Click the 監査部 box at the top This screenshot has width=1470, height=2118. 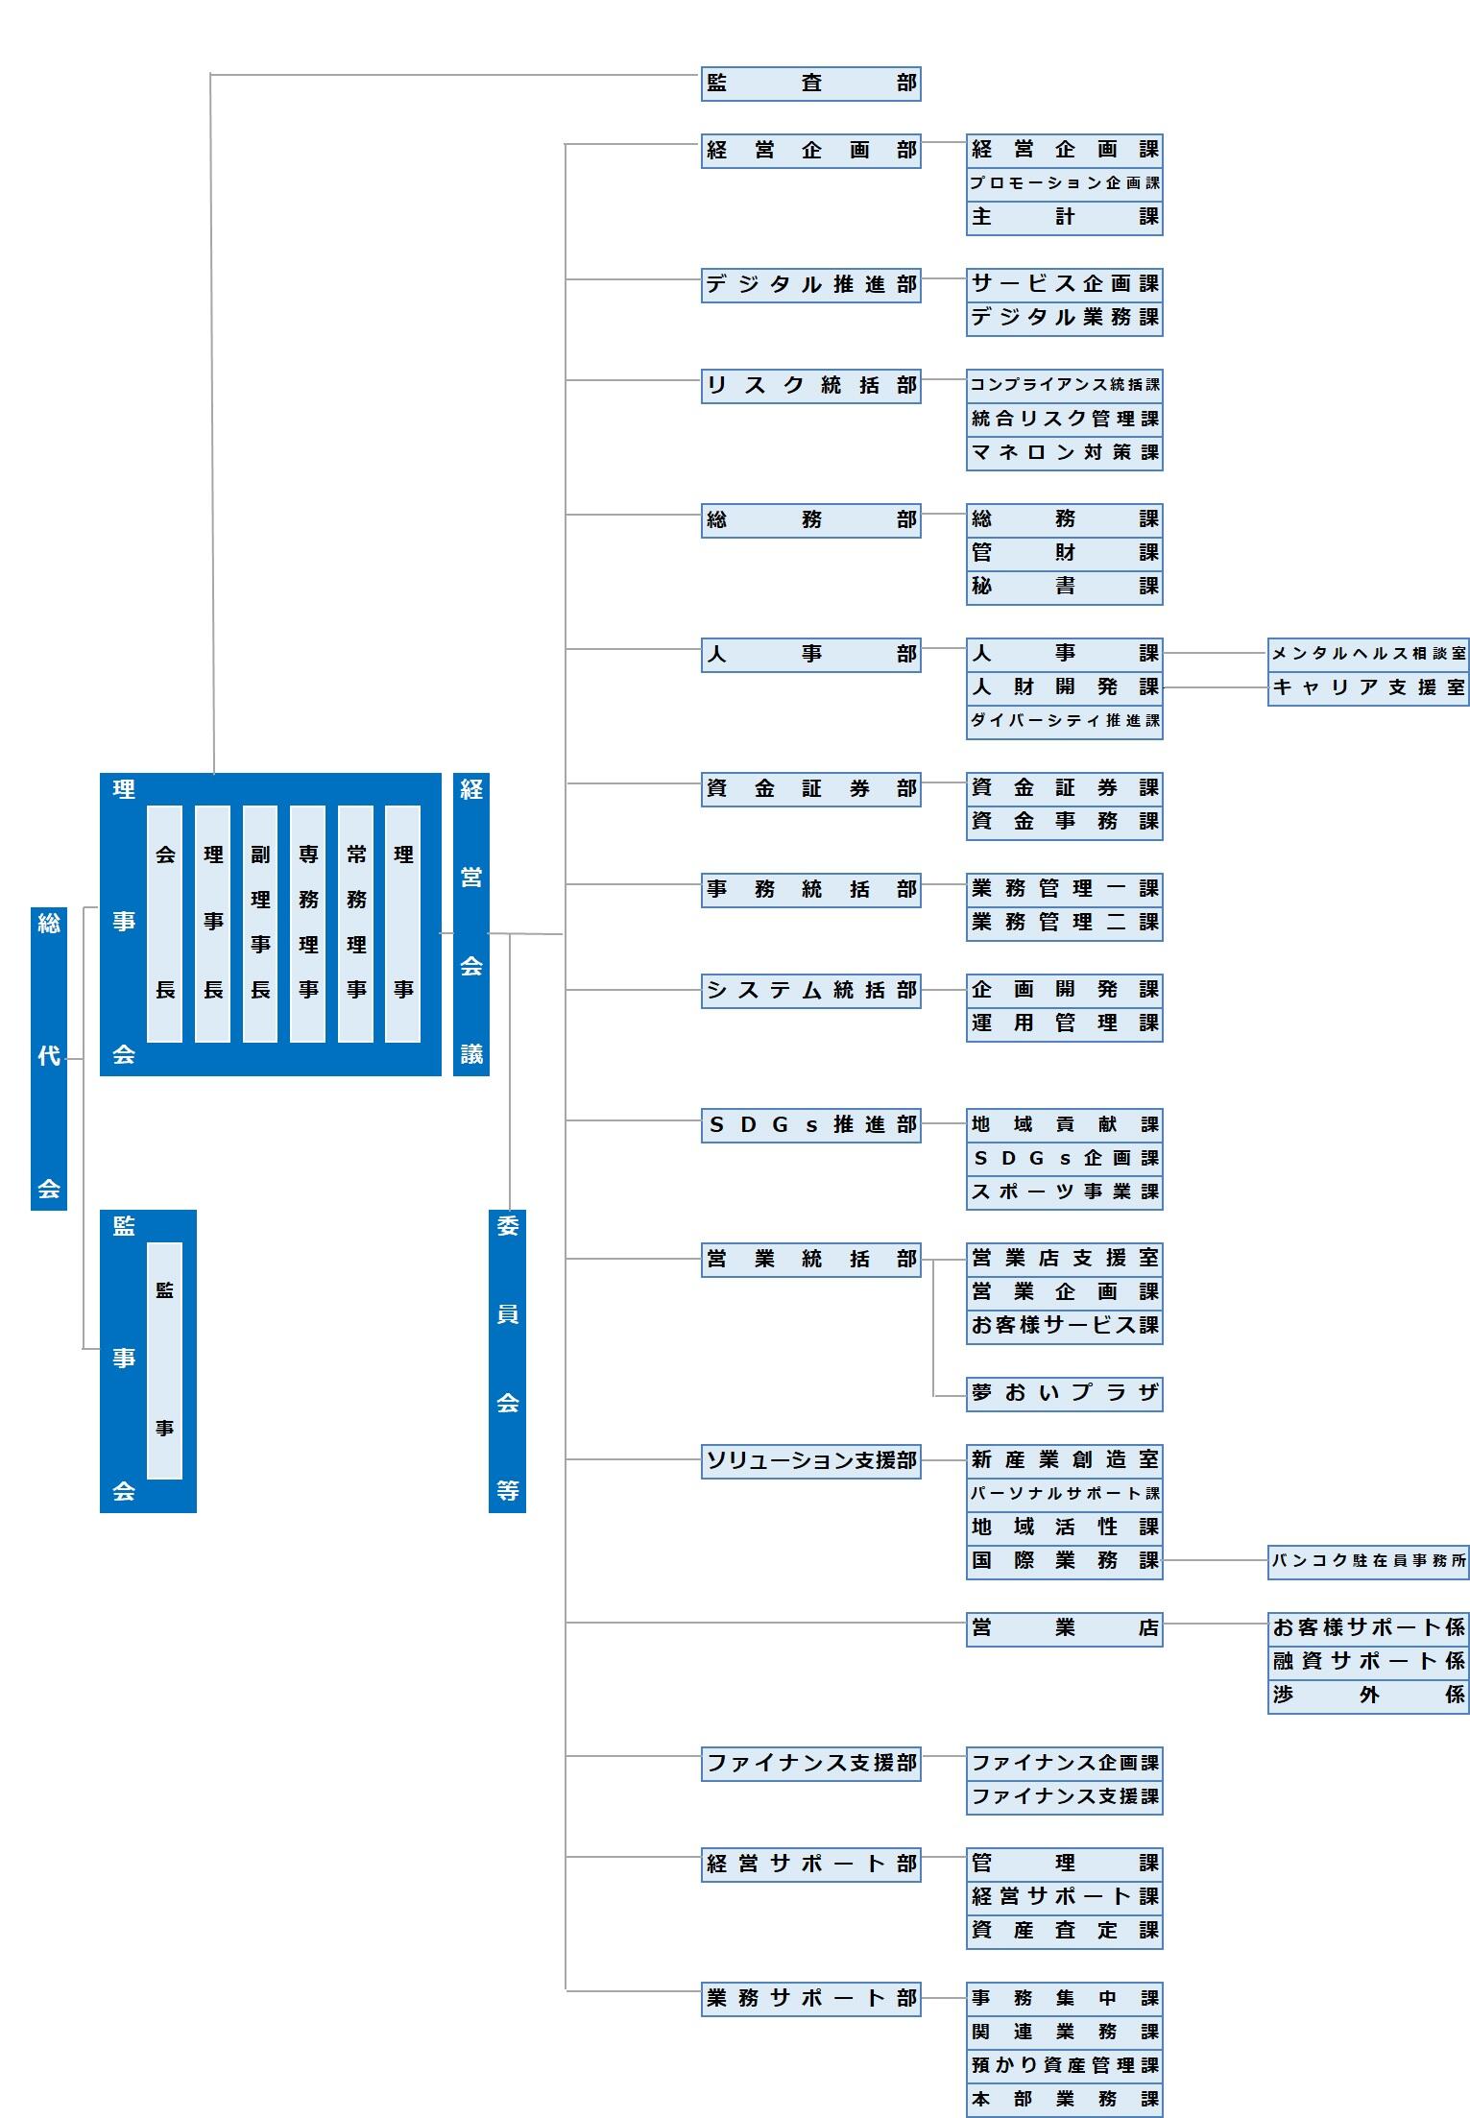click(810, 84)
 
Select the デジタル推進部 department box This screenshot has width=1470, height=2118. click(810, 285)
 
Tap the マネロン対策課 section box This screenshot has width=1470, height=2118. click(1064, 452)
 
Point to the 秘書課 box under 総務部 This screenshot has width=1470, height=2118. click(1064, 587)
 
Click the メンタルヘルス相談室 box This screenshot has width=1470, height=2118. click(1368, 654)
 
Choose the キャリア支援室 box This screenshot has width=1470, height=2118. click(1368, 687)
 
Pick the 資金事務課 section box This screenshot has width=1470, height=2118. click(1064, 822)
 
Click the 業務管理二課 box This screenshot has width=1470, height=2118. click(1064, 923)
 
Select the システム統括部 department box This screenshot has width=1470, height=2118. click(810, 991)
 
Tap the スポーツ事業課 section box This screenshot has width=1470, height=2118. click(1064, 1192)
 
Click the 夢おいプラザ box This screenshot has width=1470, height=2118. click(1064, 1393)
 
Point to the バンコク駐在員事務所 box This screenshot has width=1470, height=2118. click(1368, 1561)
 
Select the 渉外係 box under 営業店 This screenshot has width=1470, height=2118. click(1368, 1696)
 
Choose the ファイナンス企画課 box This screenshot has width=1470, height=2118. click(1064, 1763)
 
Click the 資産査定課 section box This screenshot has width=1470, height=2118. click(1064, 1931)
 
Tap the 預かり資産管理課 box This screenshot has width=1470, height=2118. click(1064, 2065)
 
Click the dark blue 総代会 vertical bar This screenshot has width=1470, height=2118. click(49, 1057)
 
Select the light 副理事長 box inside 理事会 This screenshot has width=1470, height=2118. click(260, 924)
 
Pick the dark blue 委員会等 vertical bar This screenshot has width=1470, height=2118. click(507, 1360)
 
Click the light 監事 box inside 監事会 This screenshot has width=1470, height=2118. click(164, 1360)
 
